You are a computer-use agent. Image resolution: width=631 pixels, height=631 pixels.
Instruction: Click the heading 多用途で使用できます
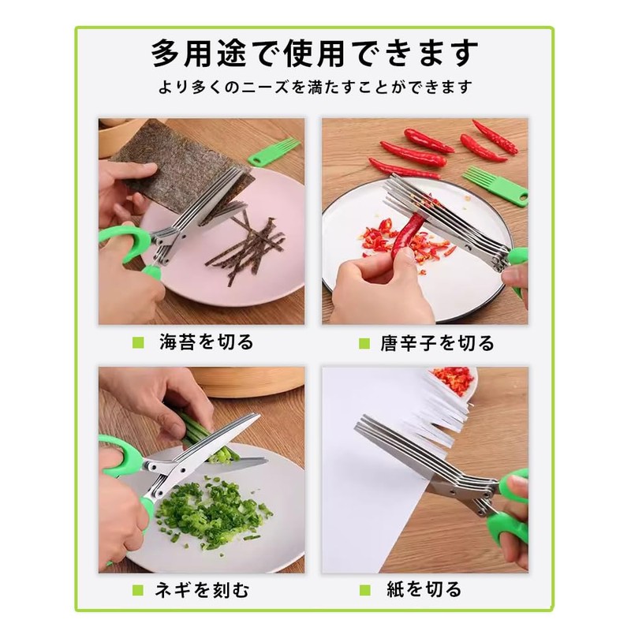coord(315,54)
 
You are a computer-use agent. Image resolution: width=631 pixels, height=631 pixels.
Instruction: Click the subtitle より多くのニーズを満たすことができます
coord(315,86)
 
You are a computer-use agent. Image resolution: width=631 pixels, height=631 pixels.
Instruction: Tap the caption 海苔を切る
coord(206,342)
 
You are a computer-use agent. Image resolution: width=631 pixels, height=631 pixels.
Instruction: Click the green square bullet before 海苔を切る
coord(139,343)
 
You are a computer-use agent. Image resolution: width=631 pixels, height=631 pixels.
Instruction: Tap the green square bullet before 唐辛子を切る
coord(364,343)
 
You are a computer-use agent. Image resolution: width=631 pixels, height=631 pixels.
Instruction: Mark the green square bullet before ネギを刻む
coord(139,589)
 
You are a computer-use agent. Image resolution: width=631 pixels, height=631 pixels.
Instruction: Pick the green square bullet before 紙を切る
coord(364,589)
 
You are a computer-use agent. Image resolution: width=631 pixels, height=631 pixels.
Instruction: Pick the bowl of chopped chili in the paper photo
coord(455,380)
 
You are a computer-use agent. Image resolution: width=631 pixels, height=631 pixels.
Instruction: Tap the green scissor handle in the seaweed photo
coord(126,241)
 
